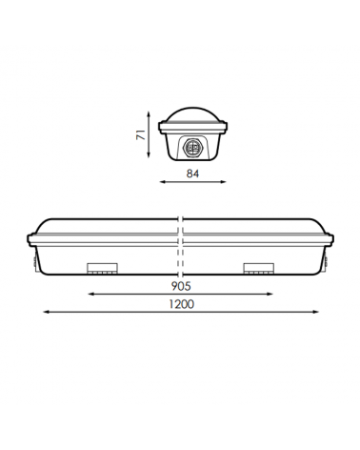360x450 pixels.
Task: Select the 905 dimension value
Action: (181, 285)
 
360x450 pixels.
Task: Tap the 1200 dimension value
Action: (181, 304)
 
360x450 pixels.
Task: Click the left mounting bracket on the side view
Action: (101, 268)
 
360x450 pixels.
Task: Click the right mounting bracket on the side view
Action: (258, 268)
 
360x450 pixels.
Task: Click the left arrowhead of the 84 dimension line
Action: (161, 182)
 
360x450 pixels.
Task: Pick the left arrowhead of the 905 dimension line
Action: (90, 294)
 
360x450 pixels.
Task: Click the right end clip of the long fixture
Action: (329, 252)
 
